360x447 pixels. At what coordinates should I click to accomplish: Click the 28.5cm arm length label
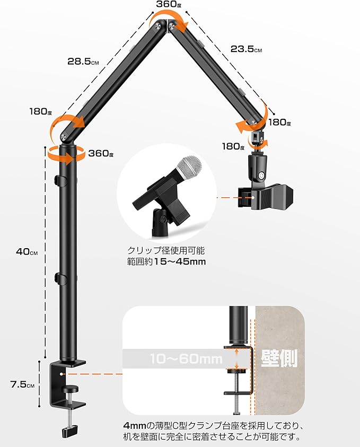tap(83, 62)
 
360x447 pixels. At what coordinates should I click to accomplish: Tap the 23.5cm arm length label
tap(246, 49)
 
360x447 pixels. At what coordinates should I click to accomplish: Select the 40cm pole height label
tap(27, 252)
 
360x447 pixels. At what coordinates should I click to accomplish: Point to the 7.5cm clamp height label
tap(22, 384)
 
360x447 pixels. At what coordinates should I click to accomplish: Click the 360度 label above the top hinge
tap(169, 4)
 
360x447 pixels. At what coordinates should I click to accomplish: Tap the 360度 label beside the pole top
tap(101, 153)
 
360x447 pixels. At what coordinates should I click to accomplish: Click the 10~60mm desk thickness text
tap(186, 358)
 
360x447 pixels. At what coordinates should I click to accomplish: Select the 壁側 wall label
tap(279, 358)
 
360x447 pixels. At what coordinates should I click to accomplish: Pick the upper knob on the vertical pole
tap(57, 179)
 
